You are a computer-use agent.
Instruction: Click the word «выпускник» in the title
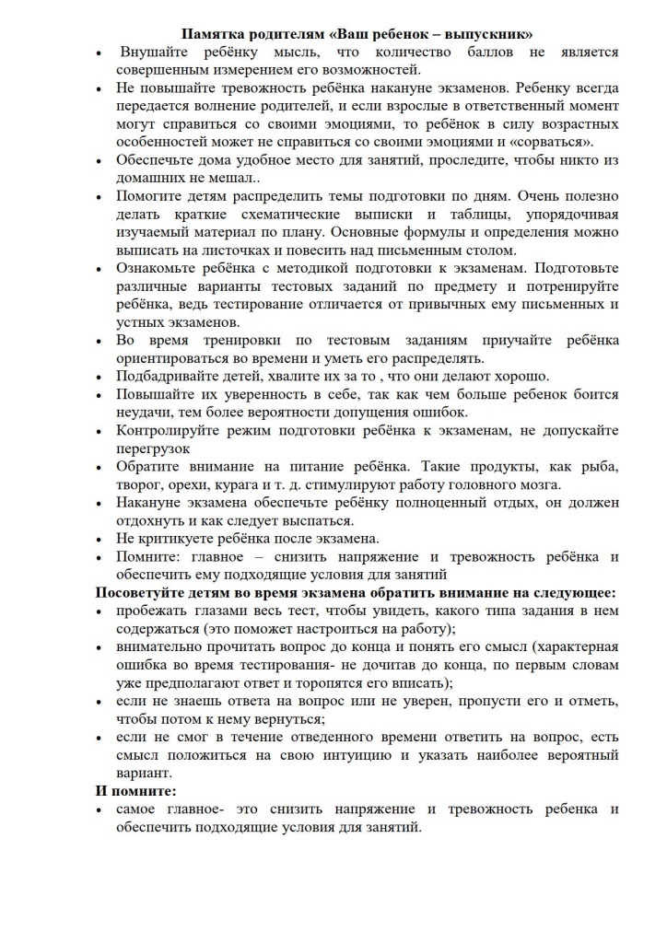(x=490, y=35)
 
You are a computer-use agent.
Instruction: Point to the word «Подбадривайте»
(x=170, y=376)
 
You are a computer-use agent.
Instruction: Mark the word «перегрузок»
(x=154, y=448)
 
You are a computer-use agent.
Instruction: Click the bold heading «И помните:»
(x=137, y=791)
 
